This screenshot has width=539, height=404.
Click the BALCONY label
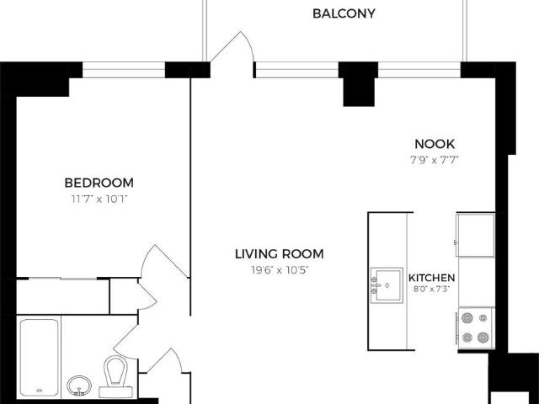coord(344,13)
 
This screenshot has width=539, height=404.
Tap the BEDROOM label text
coord(99,183)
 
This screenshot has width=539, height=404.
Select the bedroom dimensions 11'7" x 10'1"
coord(99,199)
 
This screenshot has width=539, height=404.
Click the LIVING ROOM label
coord(280,254)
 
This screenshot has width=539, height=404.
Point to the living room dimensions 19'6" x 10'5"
coord(280,270)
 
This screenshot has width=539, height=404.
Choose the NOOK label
coord(435,144)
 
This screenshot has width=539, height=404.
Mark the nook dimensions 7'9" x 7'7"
coord(435,160)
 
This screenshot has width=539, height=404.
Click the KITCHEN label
coord(431,278)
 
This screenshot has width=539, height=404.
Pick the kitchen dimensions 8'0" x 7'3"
coord(431,289)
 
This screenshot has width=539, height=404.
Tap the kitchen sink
coord(387,285)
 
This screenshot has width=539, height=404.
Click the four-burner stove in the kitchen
coord(475,328)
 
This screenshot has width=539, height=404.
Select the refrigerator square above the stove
coord(475,235)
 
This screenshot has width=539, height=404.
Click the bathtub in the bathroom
coord(40,357)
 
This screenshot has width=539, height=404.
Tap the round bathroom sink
coord(79,385)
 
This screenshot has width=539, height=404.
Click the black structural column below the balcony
coord(359,84)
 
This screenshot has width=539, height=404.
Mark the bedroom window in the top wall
coord(124,70)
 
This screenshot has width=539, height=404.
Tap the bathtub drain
coord(40,391)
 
